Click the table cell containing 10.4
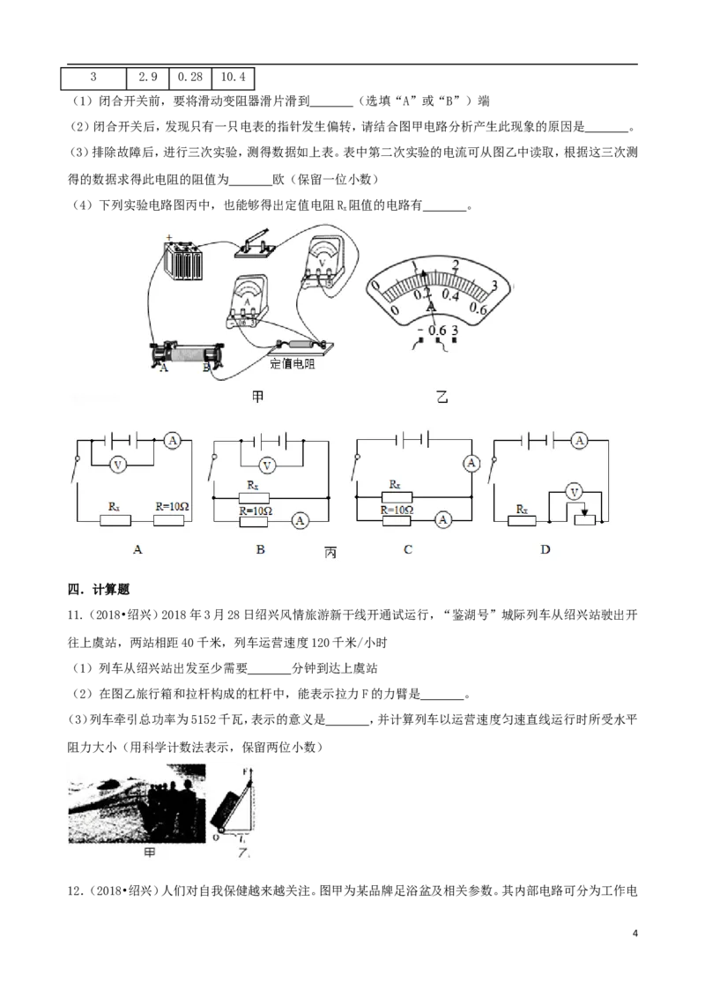coord(233,78)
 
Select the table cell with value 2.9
coord(148,78)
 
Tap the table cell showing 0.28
coord(190,78)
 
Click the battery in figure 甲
coord(183,260)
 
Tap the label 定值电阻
coord(292,364)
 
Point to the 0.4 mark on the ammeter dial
coord(449,294)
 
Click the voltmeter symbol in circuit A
coord(117,465)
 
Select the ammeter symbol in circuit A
coord(173,440)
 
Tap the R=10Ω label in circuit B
coord(256,510)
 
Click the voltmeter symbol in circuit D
coord(575,492)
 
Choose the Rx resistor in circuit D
coord(523,520)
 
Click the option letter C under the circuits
coord(408,549)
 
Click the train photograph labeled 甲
coord(137,803)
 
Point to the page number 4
coord(634,933)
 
